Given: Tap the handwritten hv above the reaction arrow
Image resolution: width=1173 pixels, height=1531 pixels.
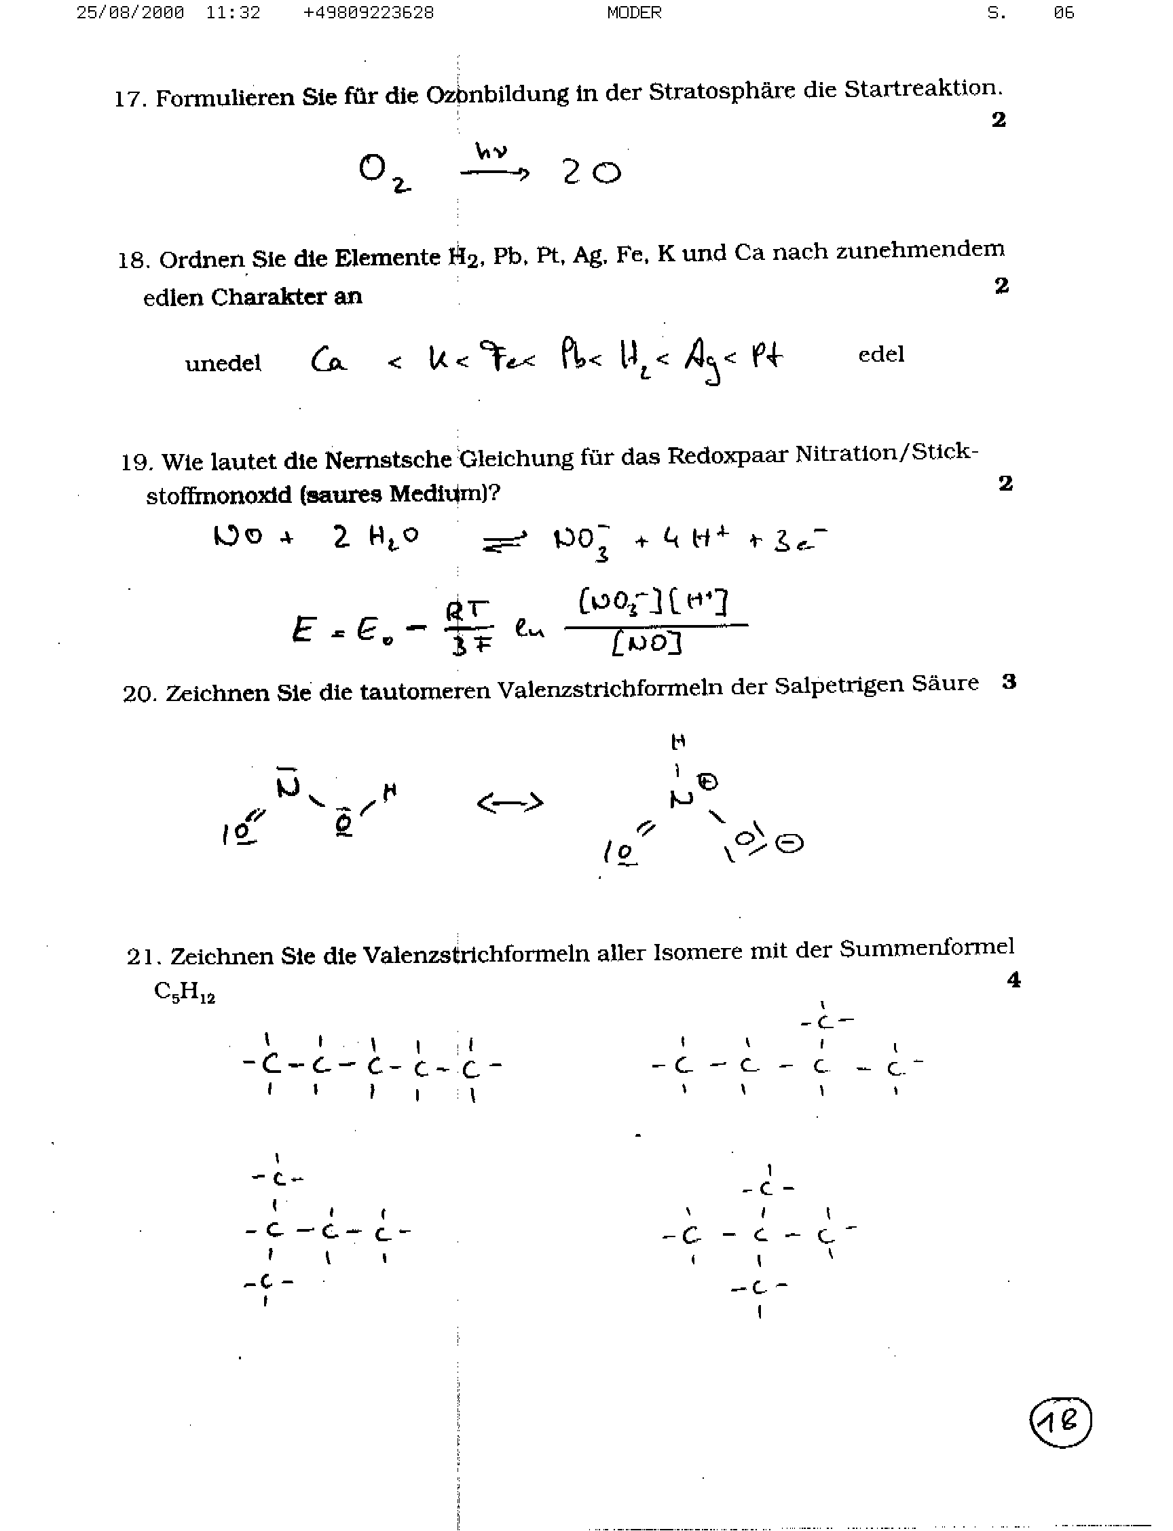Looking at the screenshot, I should coord(491,151).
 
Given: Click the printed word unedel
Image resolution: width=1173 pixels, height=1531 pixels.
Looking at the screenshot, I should coord(223,363).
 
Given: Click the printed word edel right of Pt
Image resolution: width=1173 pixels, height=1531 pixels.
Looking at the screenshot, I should coord(880,355).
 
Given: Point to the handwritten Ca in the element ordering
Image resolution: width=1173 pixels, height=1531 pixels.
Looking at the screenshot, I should coord(328,360).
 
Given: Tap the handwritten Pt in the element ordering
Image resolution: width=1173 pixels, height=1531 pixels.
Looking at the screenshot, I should coord(766,356).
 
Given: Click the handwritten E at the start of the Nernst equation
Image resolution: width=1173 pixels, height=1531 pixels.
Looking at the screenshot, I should coord(302,630).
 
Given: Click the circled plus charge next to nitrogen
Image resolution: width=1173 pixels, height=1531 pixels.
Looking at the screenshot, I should coord(708,782).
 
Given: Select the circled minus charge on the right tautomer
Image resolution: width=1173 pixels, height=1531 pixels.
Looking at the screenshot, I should coord(789,844).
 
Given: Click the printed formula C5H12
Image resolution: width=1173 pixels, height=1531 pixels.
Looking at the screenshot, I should coord(185,992).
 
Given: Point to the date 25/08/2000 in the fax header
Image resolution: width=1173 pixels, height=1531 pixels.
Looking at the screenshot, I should coord(130,13).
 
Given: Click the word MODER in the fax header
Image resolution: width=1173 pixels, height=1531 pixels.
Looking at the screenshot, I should coord(634,13).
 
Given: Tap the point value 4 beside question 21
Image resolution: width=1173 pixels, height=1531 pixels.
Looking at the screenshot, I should coord(1013,981).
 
